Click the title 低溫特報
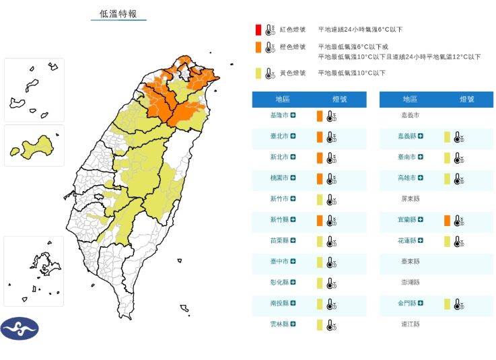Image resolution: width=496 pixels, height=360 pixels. [118, 13]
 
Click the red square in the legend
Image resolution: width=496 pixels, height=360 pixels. [258, 30]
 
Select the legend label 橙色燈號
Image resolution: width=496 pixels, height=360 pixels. [293, 47]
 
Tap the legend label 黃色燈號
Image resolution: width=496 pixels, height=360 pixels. [293, 73]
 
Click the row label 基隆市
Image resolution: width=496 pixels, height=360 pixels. [279, 116]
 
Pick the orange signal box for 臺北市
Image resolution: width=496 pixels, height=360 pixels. [320, 137]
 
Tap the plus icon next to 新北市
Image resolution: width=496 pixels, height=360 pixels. [293, 157]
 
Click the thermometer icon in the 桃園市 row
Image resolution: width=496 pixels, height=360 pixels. [330, 179]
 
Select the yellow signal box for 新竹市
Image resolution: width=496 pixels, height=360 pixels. [320, 200]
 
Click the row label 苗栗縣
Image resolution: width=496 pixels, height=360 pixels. [279, 241]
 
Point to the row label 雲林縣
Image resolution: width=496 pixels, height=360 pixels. [279, 324]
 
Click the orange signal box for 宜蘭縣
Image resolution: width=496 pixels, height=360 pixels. [447, 221]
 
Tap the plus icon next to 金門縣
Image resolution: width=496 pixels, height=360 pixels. [421, 303]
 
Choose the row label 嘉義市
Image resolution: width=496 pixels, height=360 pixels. [409, 116]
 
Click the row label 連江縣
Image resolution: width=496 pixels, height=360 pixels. [409, 324]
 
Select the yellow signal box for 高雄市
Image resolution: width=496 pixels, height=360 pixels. [447, 179]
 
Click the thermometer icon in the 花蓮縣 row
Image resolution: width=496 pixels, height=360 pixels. [458, 242]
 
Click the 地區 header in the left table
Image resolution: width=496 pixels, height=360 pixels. [282, 100]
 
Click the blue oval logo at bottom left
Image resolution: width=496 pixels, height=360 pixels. [20, 328]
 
